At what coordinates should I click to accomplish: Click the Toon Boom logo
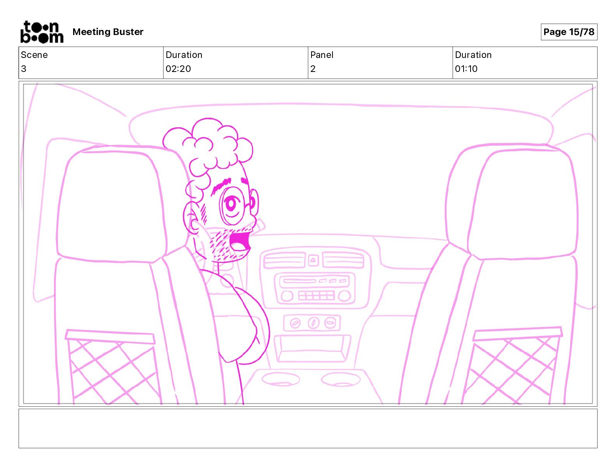[42, 32]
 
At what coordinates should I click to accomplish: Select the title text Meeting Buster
[108, 32]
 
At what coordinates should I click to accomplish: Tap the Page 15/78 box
[569, 32]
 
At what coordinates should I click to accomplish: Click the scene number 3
[24, 68]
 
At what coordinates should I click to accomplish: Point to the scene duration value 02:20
[178, 68]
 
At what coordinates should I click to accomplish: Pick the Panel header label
[322, 55]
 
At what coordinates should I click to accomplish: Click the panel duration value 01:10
[466, 68]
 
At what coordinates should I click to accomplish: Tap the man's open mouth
[240, 242]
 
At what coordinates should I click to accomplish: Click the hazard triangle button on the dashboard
[313, 260]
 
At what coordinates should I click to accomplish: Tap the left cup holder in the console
[280, 379]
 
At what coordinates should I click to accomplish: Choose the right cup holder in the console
[340, 379]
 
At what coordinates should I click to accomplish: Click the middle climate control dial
[313, 323]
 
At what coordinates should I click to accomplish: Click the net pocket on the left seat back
[112, 367]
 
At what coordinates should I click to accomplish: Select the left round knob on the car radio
[287, 296]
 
